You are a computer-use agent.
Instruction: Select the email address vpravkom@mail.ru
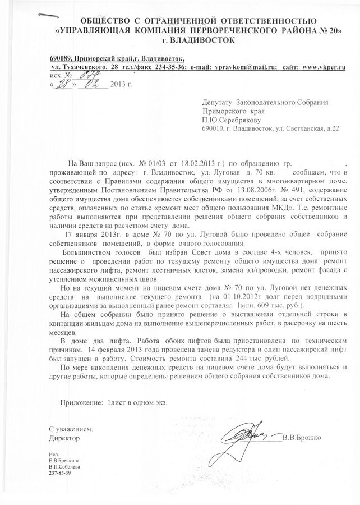243,67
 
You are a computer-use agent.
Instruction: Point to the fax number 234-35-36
163,67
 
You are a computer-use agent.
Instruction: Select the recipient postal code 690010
213,128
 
